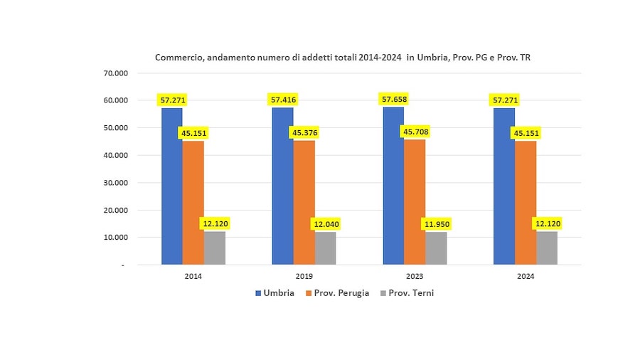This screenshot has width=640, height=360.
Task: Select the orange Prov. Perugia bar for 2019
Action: pos(304,203)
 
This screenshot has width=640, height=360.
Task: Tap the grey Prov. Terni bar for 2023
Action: pos(436,248)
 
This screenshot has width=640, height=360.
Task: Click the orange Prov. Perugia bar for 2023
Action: pos(415,202)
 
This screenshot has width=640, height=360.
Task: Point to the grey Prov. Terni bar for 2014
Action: pos(215,248)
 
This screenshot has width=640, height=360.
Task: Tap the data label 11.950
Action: pos(436,224)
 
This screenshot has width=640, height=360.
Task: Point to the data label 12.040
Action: pos(326,224)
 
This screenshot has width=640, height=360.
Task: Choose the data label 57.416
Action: pos(283,100)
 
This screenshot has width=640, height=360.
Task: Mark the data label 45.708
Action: pos(415,132)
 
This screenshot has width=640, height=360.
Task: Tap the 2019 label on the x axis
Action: pos(304,276)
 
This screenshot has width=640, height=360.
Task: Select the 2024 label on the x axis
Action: pos(526,276)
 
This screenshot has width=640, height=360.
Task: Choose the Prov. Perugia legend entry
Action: pos(338,293)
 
